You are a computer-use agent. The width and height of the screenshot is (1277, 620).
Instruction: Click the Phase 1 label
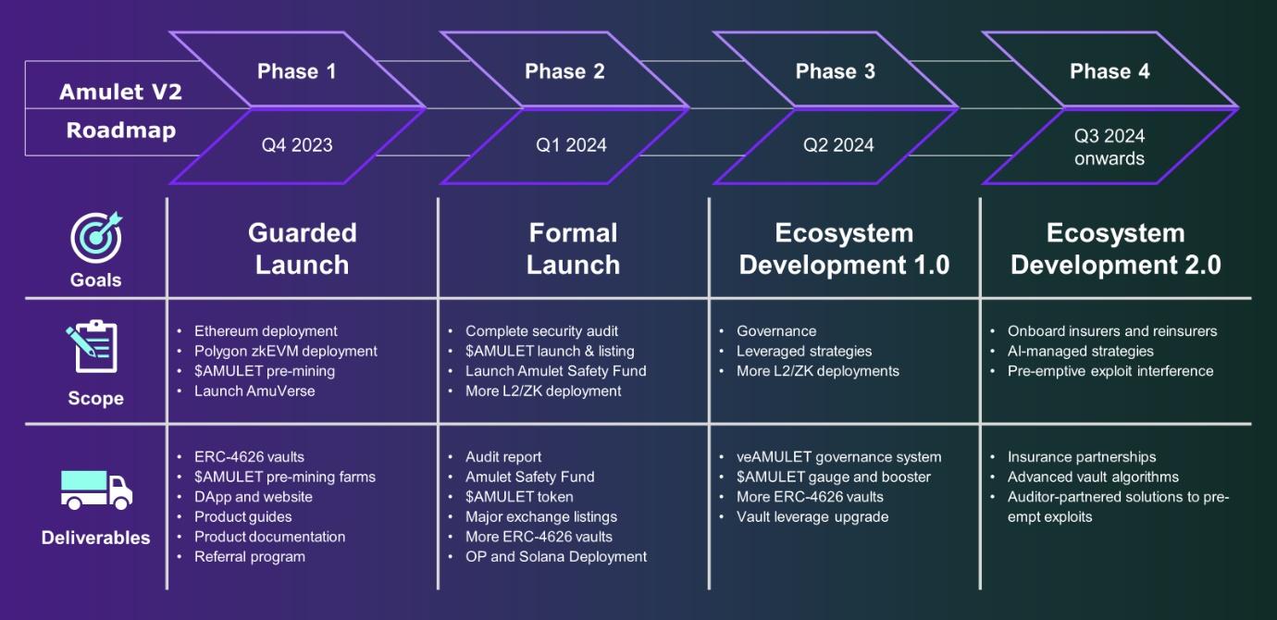point(296,71)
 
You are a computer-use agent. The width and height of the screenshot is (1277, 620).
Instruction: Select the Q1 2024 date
point(571,144)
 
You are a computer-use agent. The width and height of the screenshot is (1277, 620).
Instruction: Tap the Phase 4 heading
point(1110,71)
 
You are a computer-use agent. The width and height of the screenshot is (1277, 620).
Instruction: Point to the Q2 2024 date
point(838,144)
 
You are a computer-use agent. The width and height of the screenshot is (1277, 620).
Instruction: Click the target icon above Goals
point(96,237)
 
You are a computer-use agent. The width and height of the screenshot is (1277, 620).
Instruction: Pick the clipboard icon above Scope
point(93,346)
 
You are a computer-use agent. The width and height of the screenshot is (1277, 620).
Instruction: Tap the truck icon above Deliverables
point(96,490)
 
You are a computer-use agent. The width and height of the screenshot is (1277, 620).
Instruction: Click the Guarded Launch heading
point(303,248)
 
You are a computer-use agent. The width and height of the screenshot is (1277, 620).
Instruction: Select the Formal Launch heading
point(573,248)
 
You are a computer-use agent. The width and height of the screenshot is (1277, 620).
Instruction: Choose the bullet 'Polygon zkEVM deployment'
point(286,351)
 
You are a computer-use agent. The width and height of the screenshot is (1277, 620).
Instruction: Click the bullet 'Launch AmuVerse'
point(254,391)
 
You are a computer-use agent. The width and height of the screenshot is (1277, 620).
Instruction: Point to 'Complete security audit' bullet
point(541,331)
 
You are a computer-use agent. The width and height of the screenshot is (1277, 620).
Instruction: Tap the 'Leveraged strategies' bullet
point(804,351)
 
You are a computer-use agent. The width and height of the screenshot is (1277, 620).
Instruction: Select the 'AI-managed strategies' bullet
point(1080,351)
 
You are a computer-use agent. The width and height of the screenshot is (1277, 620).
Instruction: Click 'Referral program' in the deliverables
point(250,557)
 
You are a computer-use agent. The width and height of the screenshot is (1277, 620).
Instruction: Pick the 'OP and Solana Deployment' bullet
point(556,557)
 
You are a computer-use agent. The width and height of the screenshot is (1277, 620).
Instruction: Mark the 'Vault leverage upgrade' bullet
point(812,517)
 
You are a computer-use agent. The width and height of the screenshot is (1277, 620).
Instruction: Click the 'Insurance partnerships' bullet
point(1082,457)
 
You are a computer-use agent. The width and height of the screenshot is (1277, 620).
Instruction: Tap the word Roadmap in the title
point(121,130)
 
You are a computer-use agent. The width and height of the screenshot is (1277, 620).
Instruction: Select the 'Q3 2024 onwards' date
point(1110,147)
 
